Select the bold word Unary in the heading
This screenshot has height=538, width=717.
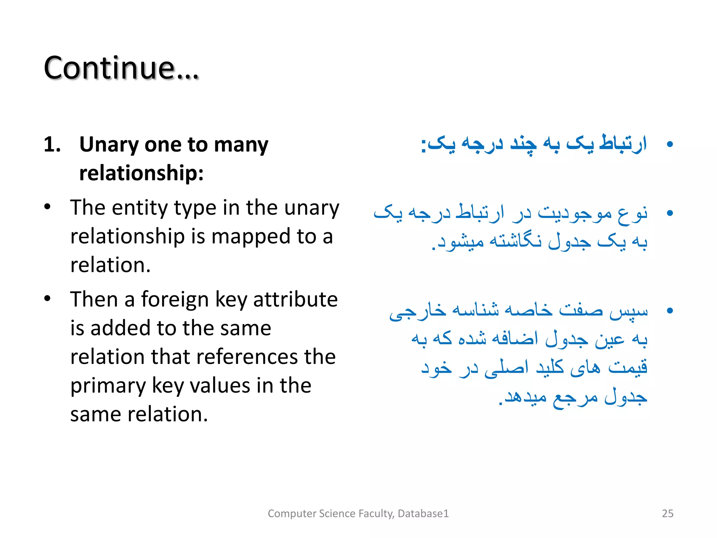coord(109,145)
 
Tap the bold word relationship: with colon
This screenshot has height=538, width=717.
coord(141,173)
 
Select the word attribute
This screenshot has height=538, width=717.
coord(295,300)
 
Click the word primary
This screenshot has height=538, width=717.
coord(108,386)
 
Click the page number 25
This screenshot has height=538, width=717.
coord(667,513)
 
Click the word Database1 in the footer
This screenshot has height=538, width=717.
coord(423,513)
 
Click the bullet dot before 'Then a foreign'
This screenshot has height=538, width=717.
coord(48,299)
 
